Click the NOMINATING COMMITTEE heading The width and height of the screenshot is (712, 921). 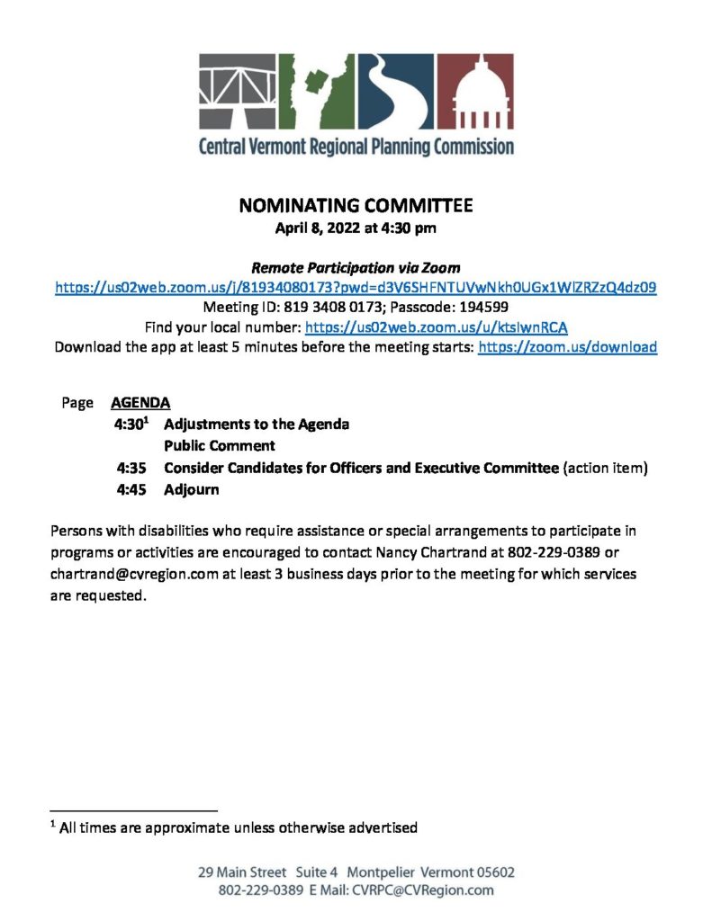click(x=356, y=206)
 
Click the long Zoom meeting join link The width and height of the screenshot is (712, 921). click(x=356, y=288)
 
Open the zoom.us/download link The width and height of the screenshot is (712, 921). click(x=567, y=346)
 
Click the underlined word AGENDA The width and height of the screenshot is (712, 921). click(x=140, y=403)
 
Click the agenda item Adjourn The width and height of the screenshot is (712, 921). click(x=191, y=490)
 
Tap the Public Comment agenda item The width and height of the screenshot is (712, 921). click(x=219, y=445)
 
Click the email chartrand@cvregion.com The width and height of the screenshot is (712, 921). click(x=134, y=574)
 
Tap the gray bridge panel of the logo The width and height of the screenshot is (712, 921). click(x=238, y=93)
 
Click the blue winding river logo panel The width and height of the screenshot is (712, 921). click(x=400, y=93)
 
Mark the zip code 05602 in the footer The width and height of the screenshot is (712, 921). click(x=491, y=872)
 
